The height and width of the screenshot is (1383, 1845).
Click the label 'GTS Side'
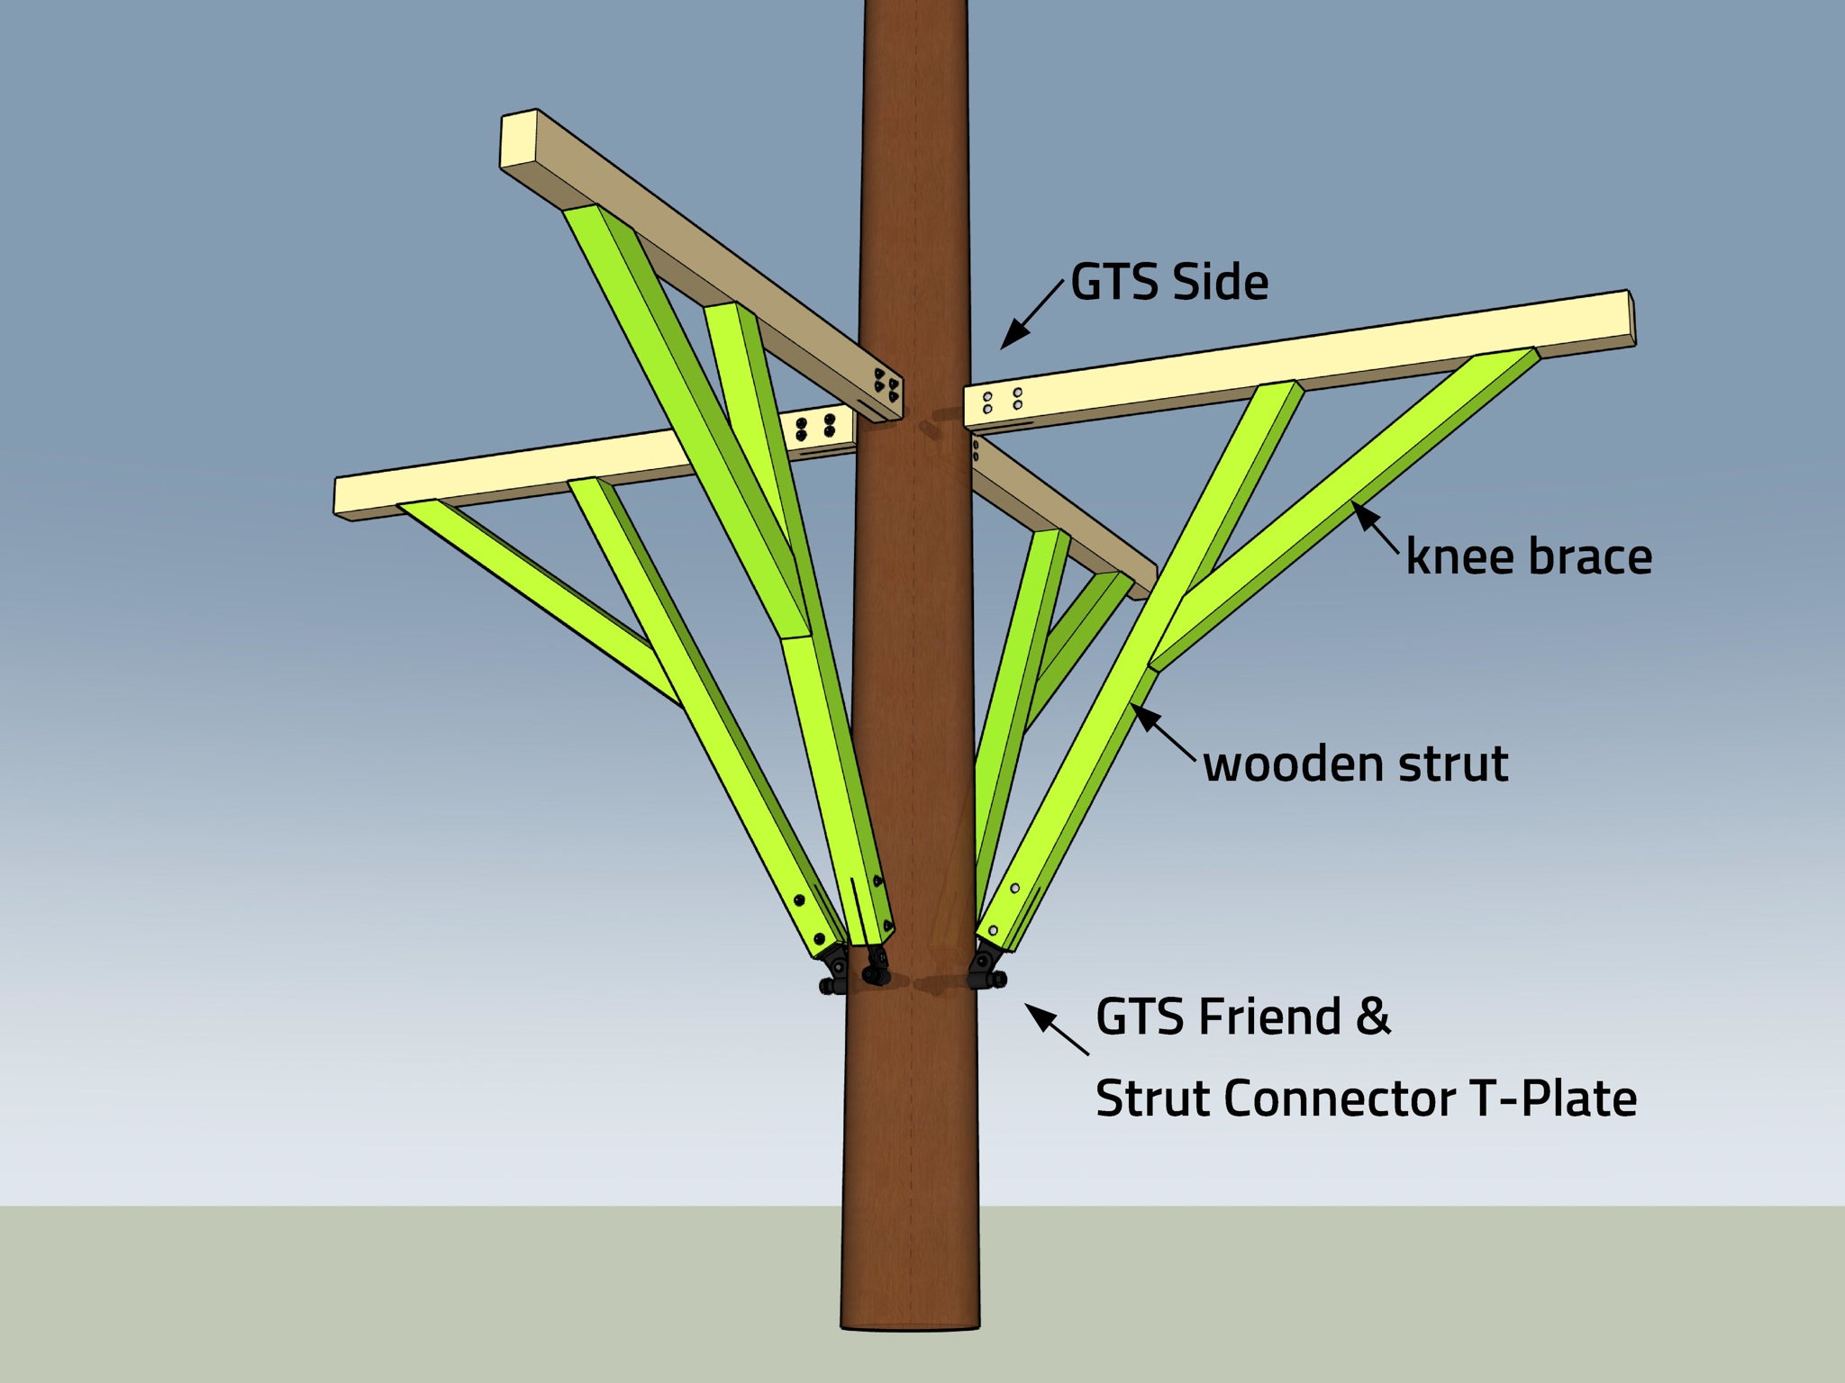tap(1169, 282)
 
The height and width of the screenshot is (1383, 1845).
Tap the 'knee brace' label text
tap(1529, 556)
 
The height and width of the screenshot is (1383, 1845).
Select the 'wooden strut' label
tap(1356, 764)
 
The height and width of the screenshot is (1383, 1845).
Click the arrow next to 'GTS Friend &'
tap(1056, 1029)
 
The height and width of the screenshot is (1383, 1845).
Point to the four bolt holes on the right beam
tap(1002, 401)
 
